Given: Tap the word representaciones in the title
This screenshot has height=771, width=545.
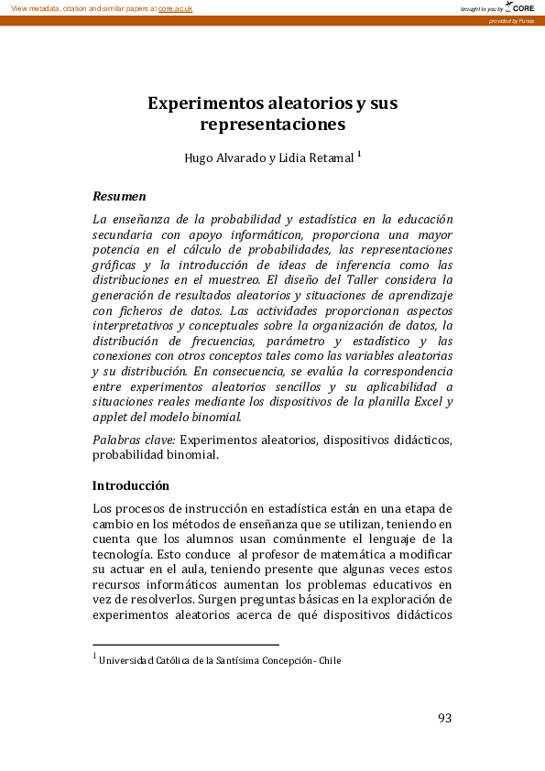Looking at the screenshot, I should tap(272, 124).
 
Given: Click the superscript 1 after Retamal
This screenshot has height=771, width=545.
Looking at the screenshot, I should tap(359, 154).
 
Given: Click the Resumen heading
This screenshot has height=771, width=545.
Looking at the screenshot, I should tap(120, 197).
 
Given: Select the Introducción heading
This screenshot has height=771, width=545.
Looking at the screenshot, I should tap(131, 485).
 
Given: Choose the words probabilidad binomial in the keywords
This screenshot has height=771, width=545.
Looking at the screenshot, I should tap(156, 456).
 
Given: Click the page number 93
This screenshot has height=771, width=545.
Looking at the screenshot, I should tap(444, 718).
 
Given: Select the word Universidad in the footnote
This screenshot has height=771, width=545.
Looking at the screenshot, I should tap(127, 659).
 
